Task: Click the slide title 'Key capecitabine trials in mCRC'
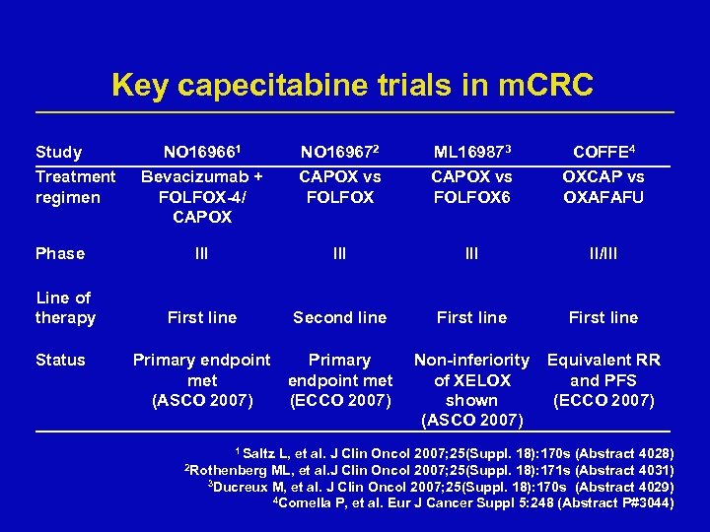353,85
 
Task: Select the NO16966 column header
201,153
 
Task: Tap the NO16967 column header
339,153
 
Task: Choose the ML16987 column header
471,153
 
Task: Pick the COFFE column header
603,153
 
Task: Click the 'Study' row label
58,153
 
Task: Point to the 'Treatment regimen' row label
75,186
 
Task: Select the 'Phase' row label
60,253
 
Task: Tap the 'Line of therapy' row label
65,307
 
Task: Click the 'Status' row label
60,360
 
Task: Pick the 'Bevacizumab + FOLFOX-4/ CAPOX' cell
201,196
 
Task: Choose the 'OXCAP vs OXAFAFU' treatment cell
603,186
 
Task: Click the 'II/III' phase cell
603,253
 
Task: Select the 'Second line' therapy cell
339,317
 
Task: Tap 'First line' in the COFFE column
603,317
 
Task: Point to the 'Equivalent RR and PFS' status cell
603,379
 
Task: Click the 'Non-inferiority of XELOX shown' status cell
471,390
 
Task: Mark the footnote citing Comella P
473,503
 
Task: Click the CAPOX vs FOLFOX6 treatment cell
471,186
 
